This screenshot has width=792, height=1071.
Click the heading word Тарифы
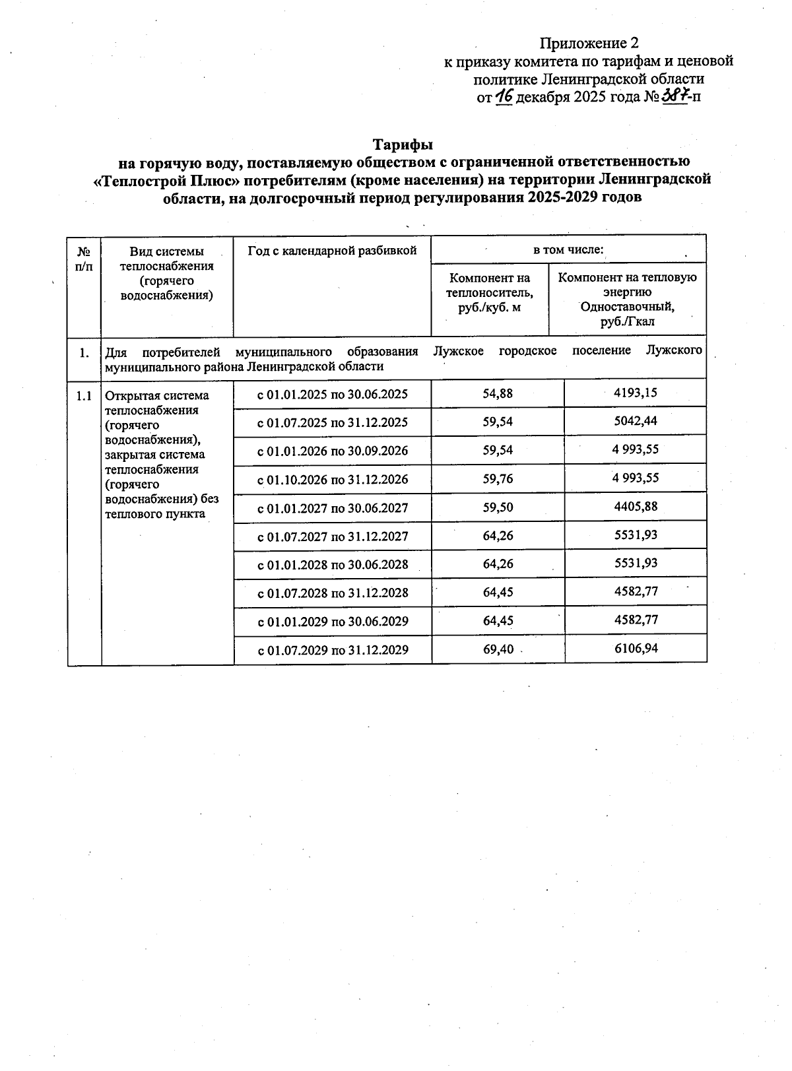[403, 144]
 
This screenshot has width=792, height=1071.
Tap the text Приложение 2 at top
[589, 44]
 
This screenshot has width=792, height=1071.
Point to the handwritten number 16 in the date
[505, 96]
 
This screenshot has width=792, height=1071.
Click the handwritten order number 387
[675, 96]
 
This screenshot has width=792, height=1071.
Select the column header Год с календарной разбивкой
[332, 251]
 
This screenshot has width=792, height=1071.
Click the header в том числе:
[568, 250]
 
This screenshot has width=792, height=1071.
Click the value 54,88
[498, 393]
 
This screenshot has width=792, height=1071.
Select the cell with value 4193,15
[636, 393]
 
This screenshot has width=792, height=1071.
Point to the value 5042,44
[636, 421]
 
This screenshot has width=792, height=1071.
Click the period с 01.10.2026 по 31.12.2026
[333, 479]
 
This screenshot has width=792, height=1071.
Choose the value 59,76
[498, 478]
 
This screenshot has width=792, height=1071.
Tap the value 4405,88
[636, 507]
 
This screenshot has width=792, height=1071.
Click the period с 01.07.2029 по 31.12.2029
[333, 650]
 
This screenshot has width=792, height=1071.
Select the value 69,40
[498, 649]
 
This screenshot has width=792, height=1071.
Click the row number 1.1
[84, 396]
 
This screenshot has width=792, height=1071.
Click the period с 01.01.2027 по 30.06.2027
[333, 508]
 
